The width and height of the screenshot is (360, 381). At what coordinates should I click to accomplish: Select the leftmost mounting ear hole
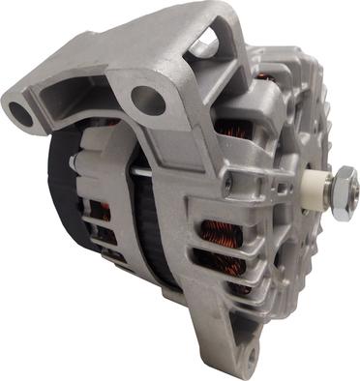[x=21, y=114]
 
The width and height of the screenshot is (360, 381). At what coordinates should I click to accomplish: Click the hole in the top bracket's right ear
[x=147, y=99]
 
